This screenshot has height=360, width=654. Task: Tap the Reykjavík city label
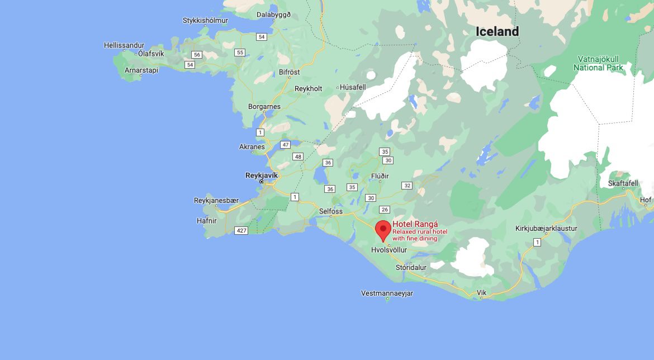[x=262, y=175]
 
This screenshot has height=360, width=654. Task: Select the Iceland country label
[x=497, y=32]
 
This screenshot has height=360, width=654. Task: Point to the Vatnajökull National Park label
[x=598, y=63]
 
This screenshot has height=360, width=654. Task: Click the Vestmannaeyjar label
[x=387, y=293]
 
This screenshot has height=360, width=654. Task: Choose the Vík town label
[x=481, y=293]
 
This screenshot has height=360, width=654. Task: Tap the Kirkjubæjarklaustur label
[x=546, y=228]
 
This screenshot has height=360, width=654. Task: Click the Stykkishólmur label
[x=205, y=21]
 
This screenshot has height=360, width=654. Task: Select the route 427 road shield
[x=241, y=230]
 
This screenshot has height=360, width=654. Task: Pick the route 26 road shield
[x=384, y=210]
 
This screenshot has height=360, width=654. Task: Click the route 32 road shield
[x=407, y=186]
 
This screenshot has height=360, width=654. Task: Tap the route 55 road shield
[x=240, y=53]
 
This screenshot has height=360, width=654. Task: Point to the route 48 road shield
[x=298, y=157]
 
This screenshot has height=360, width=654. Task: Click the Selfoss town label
[x=330, y=211]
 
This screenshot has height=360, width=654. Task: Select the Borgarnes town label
[x=264, y=106]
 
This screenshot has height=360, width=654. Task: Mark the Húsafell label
[x=352, y=88]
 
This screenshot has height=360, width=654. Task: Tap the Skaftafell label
[x=623, y=184]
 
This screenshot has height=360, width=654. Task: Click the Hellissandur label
[x=124, y=45]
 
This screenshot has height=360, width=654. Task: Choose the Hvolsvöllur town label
[x=389, y=250]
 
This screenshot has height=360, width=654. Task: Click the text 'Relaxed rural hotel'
[x=420, y=231]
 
